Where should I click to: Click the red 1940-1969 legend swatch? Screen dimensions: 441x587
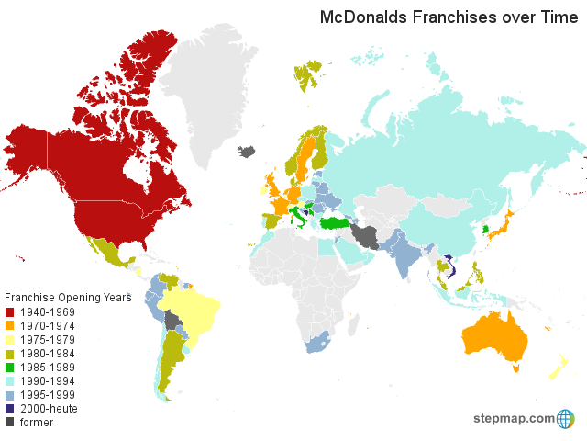click(x=11, y=311)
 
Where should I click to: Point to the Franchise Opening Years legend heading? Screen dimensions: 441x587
click(x=69, y=298)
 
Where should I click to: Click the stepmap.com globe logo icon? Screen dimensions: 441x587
click(x=566, y=419)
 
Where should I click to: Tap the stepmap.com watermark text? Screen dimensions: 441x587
click(x=514, y=419)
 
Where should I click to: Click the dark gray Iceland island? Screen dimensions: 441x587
click(x=246, y=152)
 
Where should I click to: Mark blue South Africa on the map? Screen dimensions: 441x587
click(x=316, y=345)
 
